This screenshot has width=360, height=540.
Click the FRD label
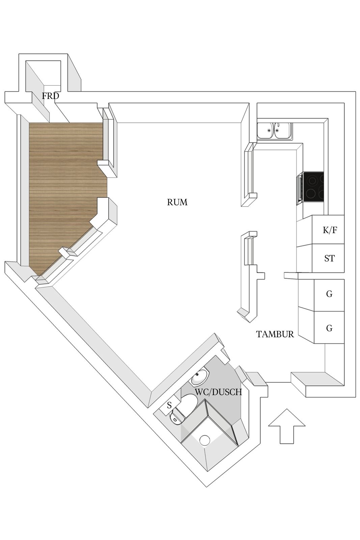(x=50, y=96)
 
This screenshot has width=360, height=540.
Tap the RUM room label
(x=177, y=202)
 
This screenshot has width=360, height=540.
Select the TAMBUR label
(x=275, y=334)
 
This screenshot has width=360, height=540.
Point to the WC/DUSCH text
(x=218, y=392)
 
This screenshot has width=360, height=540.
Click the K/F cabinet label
(x=330, y=230)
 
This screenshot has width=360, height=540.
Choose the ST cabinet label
(x=329, y=259)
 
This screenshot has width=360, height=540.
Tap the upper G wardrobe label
(x=329, y=294)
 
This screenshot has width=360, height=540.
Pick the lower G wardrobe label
(x=329, y=328)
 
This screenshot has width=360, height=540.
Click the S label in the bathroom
(x=169, y=405)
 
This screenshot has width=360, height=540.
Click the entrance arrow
(x=287, y=426)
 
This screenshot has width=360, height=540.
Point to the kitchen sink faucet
(x=278, y=127)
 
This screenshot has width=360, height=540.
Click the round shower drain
(x=205, y=440)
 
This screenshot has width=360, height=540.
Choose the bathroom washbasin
(x=200, y=377)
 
